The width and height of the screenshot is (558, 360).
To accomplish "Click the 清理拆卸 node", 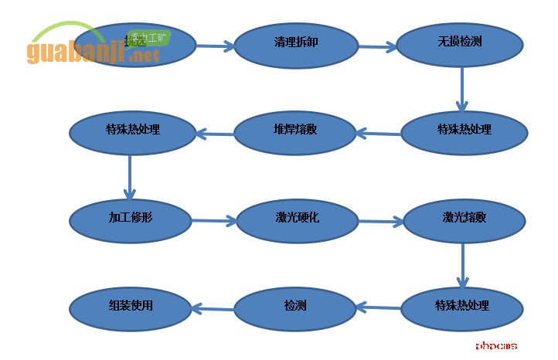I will (296, 43).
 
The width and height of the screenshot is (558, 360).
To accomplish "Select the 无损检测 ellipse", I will (460, 42).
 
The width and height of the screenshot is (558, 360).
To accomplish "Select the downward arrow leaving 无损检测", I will (462, 89).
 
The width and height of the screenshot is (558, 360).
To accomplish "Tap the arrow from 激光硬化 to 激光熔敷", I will (380, 222).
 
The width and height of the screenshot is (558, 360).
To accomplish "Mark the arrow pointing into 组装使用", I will (213, 309).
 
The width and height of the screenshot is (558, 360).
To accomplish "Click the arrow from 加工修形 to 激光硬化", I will (214, 221).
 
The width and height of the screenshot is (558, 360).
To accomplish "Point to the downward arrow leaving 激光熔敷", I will (463, 266).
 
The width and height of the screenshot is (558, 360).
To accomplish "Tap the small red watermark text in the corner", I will (496, 345).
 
